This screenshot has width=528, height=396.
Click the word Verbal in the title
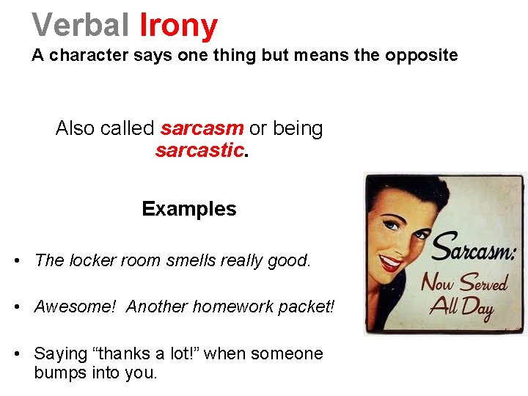(81, 26)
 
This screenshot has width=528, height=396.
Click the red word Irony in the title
(178, 26)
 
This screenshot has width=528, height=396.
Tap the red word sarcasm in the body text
(202, 128)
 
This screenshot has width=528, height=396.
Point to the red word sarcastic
(199, 151)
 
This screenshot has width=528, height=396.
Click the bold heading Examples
(189, 209)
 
